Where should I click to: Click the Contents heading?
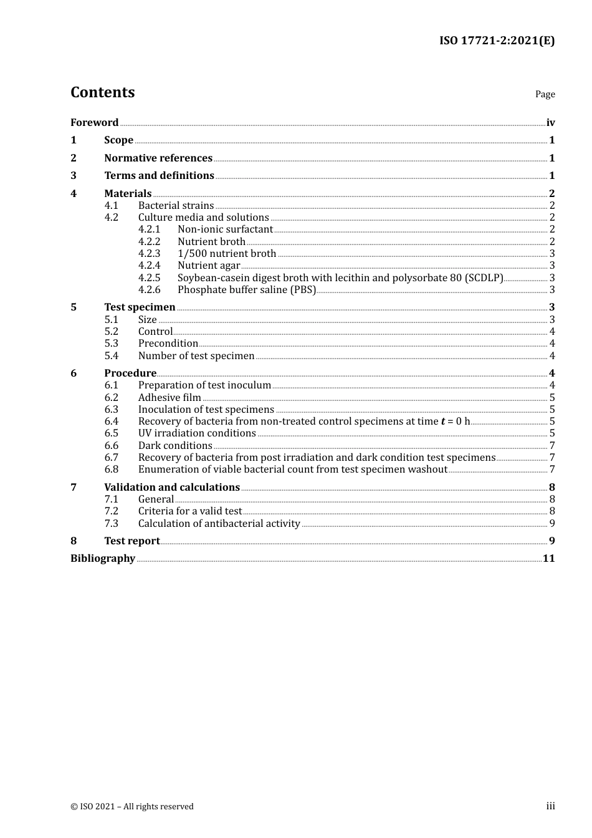tap(102, 92)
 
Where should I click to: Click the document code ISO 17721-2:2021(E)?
tap(497, 41)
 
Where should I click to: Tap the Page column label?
tap(545, 94)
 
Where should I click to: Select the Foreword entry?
tap(94, 122)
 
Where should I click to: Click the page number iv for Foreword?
tap(550, 122)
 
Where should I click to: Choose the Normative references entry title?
tap(158, 158)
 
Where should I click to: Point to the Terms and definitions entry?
tap(159, 175)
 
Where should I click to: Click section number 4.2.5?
tap(149, 277)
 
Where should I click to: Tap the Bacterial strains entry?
tap(176, 205)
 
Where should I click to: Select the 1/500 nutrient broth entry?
tap(227, 253)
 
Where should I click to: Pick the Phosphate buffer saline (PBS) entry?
tap(247, 289)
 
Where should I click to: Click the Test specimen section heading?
tap(140, 307)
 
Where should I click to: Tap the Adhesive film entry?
tap(169, 397)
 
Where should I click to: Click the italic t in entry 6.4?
tap(443, 421)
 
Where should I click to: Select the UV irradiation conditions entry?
tap(197, 433)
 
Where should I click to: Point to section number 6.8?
tap(111, 469)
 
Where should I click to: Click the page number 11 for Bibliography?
tap(548, 558)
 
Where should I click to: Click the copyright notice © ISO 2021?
tap(132, 806)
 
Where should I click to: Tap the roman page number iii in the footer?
tap(550, 806)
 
